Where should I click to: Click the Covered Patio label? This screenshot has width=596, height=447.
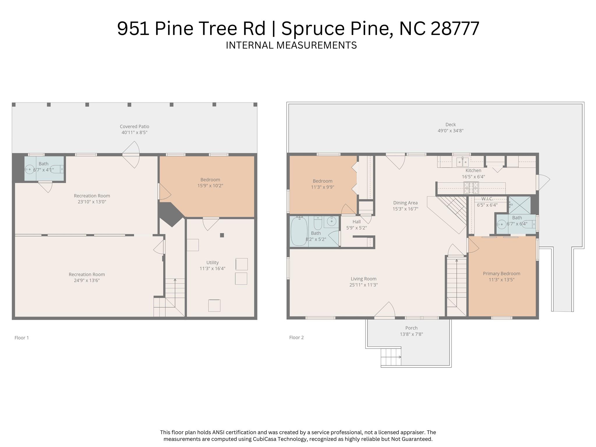tap(134, 126)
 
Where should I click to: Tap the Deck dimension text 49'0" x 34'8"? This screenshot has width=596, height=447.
tap(450, 131)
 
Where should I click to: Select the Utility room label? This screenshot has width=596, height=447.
tap(212, 262)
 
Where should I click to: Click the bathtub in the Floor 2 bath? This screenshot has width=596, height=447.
tap(299, 231)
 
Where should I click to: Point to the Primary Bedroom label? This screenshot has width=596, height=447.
tap(501, 273)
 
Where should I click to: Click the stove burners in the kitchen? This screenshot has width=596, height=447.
tap(471, 188)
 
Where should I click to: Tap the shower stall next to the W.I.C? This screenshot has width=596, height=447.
tap(519, 205)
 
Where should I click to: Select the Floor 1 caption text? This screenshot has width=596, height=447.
tap(22, 338)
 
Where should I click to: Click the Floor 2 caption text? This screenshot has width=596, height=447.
tap(296, 338)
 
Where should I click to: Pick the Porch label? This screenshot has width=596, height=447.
tap(411, 328)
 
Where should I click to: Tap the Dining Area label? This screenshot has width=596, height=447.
tap(405, 203)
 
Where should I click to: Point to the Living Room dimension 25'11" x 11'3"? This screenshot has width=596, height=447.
tap(363, 285)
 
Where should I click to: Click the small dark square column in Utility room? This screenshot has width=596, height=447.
tap(222, 235)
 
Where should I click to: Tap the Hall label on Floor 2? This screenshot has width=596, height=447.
tap(356, 222)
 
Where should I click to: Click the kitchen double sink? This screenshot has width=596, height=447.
tap(462, 161)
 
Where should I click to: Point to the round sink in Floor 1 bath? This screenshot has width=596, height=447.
tap(29, 169)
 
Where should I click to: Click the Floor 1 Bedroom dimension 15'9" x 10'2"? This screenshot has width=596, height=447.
tap(210, 186)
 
